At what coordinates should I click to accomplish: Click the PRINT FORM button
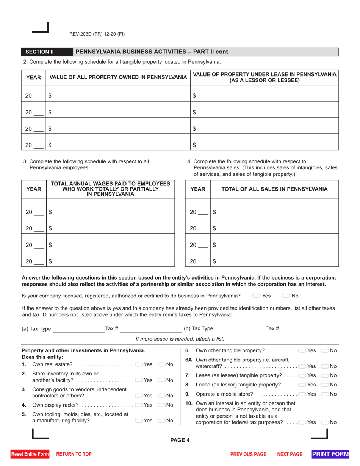pyautogui.click(x=330, y=454)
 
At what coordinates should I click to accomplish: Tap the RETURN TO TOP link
pyautogui.click(x=74, y=454)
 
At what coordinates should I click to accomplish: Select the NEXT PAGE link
pyautogui.click(x=290, y=454)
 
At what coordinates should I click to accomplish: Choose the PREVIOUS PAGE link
pyautogui.click(x=248, y=454)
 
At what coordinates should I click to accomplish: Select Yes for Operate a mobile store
pyautogui.click(x=302, y=394)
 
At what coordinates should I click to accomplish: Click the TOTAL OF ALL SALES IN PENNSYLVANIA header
pyautogui.click(x=274, y=189)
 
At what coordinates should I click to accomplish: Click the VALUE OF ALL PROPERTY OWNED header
pyautogui.click(x=118, y=77)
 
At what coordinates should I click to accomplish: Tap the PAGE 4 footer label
pyautogui.click(x=180, y=440)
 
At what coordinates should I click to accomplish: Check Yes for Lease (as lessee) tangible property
pyautogui.click(x=302, y=375)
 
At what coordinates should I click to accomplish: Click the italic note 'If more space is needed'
pyautogui.click(x=180, y=339)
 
